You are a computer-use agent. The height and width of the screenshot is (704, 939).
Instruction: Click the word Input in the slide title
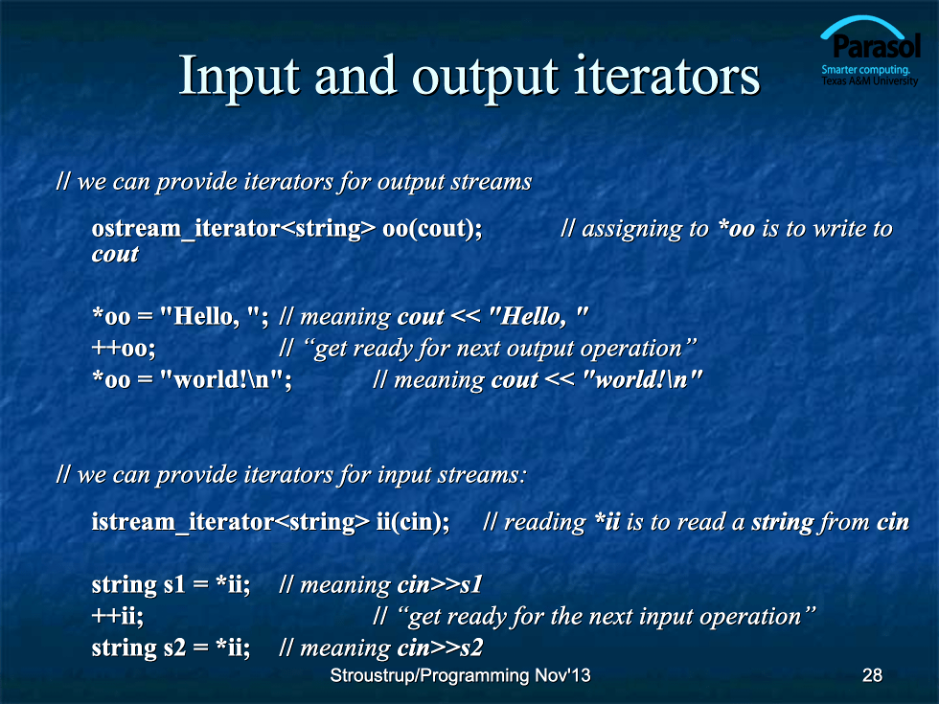239,77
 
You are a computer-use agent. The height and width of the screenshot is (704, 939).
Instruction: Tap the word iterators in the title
667,76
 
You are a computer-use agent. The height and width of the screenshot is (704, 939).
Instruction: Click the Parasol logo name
877,47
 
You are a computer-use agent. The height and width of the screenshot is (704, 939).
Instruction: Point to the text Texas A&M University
870,80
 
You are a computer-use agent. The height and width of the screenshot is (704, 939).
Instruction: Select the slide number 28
872,675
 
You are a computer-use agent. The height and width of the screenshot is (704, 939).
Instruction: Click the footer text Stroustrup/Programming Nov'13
460,675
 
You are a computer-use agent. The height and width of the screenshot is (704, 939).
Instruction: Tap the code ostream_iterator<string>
234,229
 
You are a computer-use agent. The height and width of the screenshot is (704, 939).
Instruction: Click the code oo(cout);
432,229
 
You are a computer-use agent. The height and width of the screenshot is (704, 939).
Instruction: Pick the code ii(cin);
413,522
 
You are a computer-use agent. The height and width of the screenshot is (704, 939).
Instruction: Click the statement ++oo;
124,349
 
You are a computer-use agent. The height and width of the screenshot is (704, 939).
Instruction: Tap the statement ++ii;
117,617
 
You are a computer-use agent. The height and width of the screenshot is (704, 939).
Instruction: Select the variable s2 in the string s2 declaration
174,648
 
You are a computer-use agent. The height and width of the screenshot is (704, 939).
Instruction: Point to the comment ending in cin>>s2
381,648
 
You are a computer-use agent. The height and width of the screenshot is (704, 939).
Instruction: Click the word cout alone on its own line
115,255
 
